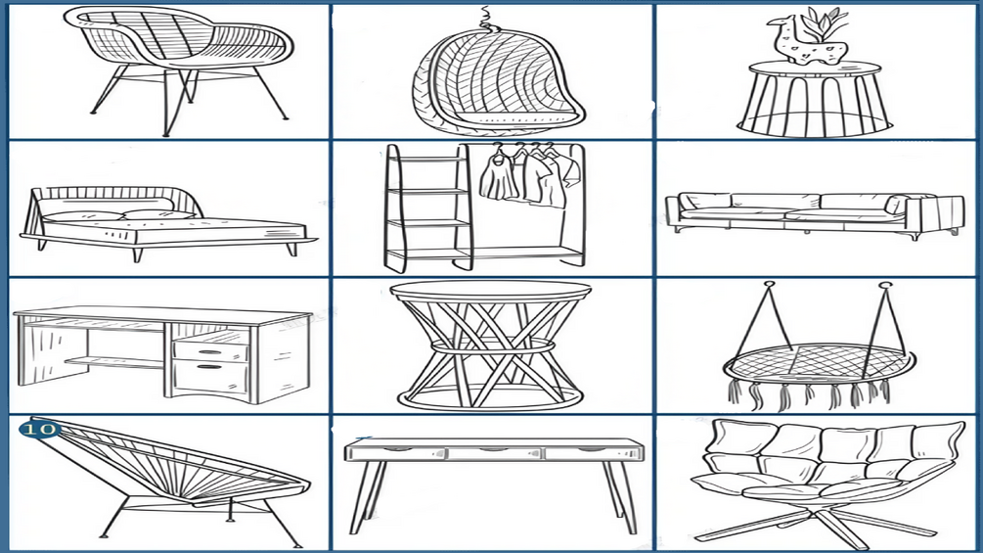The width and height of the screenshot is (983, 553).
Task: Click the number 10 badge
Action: click(39, 430)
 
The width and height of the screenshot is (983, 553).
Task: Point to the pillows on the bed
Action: click(119, 215)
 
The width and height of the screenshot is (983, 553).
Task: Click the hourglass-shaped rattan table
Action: click(490, 345)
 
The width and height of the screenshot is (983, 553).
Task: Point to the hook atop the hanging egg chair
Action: click(485, 20)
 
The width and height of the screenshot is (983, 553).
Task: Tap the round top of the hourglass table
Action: click(490, 291)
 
